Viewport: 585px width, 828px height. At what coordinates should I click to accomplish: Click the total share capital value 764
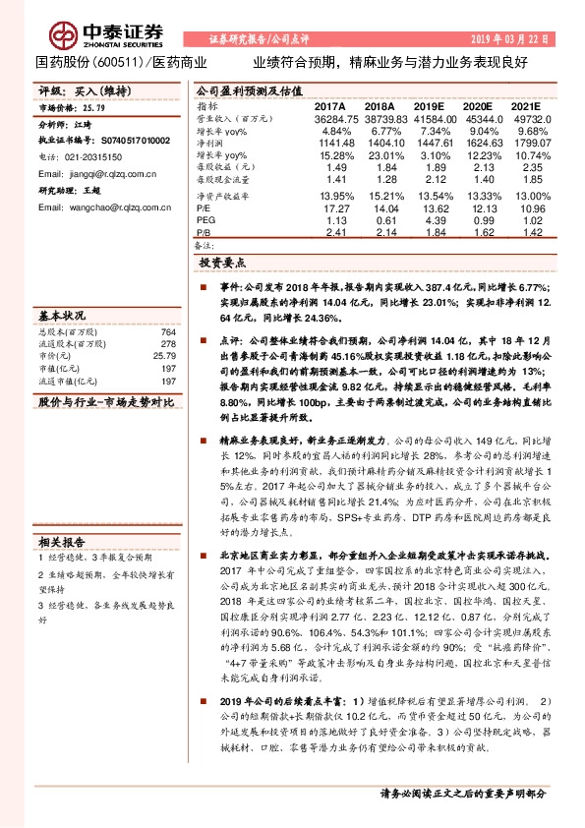(x=168, y=333)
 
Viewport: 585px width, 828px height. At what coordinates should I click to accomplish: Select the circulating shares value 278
(x=168, y=345)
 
